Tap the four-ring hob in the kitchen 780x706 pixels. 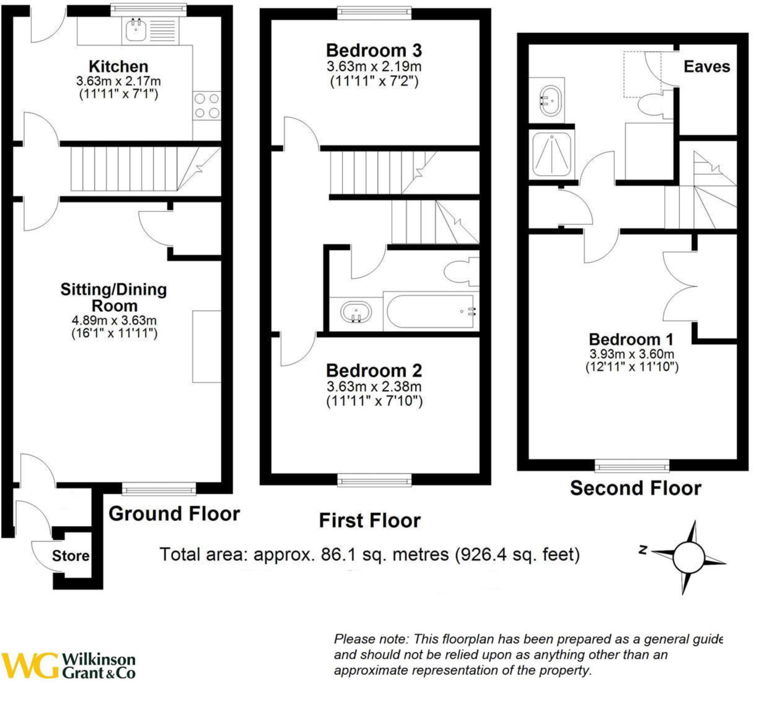point(207,106)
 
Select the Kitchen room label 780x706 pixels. point(118,67)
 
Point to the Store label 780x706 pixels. point(71,556)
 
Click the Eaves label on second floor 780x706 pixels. point(707,67)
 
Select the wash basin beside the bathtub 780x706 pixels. point(356,312)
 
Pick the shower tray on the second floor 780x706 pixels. point(551,153)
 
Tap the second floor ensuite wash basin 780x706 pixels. point(550,101)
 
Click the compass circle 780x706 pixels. point(688,558)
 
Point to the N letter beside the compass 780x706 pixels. point(643,550)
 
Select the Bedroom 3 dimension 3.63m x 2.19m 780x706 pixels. point(374,67)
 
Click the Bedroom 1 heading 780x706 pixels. point(631,340)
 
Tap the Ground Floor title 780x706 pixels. point(174,514)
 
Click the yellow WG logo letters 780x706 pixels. point(30,665)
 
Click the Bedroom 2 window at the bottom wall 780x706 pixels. point(374,481)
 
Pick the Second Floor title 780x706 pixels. point(635,488)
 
